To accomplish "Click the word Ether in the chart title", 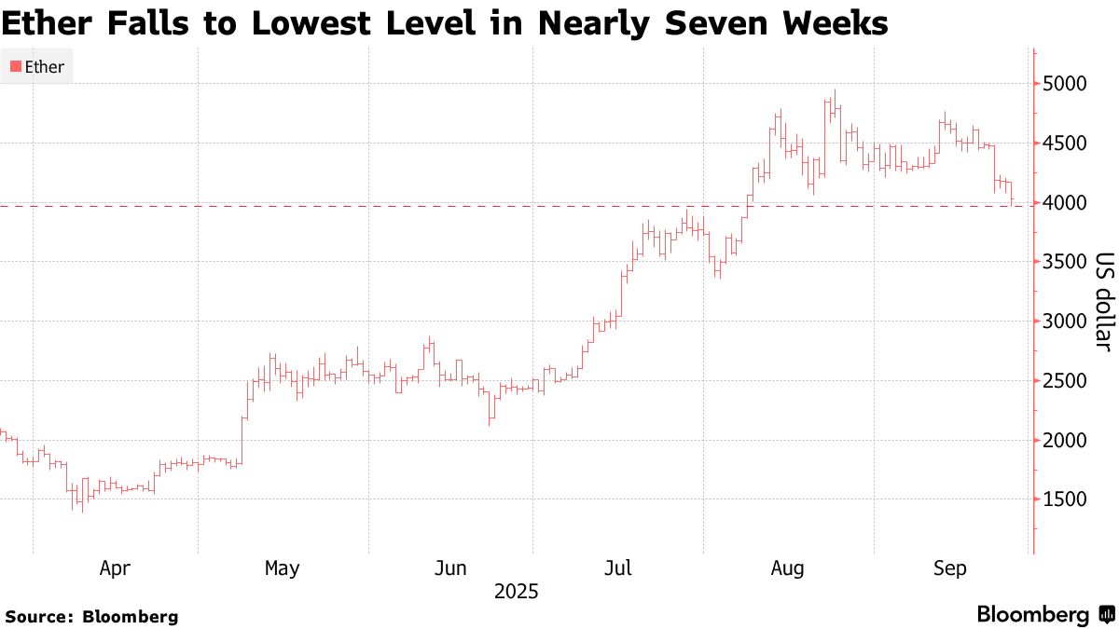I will (43, 23).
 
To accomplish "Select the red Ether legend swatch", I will (15, 67).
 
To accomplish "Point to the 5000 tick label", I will (1065, 84).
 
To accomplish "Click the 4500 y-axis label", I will (1065, 144).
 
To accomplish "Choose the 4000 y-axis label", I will (1065, 202).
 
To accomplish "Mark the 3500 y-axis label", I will (1065, 262).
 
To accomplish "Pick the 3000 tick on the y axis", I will (1065, 321).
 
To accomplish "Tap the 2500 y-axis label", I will (1065, 381).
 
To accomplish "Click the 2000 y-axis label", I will (1065, 440).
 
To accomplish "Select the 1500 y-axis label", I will (1065, 499).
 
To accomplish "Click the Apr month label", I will (114, 567).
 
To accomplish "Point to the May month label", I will (282, 567).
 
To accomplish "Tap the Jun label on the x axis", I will (450, 567).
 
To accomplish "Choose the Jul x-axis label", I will (617, 567).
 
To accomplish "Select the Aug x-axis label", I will (787, 567).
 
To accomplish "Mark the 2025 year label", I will (517, 592).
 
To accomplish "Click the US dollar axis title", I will (1104, 302).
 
